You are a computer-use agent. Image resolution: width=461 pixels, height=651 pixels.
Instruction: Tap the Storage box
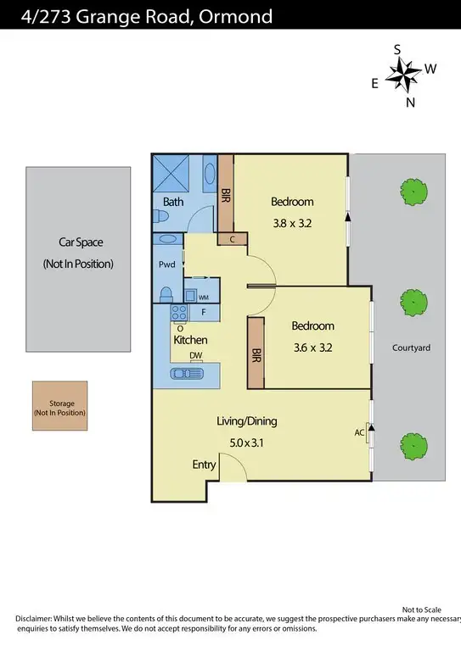point(59,408)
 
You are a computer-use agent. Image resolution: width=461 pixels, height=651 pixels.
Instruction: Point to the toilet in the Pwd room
point(167,293)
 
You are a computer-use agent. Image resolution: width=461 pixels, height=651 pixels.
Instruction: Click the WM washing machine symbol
point(204,297)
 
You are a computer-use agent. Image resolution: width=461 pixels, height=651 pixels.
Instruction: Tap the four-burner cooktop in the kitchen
point(180,314)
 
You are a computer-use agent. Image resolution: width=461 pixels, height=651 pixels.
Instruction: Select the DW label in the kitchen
point(196,356)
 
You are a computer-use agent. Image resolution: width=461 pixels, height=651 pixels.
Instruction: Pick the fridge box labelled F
point(204,313)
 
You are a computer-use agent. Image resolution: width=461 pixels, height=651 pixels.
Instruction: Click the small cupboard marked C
point(233,240)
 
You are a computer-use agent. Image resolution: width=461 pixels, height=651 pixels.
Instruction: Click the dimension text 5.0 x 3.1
point(247,442)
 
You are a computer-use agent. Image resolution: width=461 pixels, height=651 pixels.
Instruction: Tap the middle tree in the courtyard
point(413,301)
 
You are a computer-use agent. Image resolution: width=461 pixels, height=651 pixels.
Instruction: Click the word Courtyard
point(412,348)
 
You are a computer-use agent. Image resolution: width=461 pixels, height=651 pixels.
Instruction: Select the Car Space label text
point(77,242)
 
